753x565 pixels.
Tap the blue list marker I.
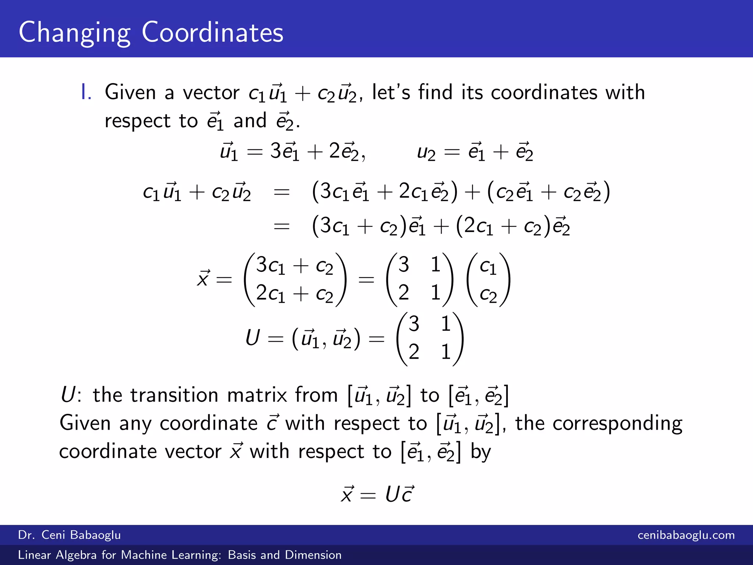[86, 92]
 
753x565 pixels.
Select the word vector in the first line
[211, 92]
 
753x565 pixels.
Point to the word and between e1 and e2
[250, 121]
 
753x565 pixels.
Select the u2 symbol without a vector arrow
[426, 152]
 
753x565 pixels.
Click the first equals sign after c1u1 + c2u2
[282, 192]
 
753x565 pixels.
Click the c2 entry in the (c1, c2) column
[488, 295]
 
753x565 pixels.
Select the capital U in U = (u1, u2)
[253, 338]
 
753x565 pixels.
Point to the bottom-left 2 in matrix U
[414, 352]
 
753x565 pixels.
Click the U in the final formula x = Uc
[392, 494]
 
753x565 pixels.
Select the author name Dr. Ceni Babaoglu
[69, 535]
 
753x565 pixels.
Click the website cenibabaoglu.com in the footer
[686, 535]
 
